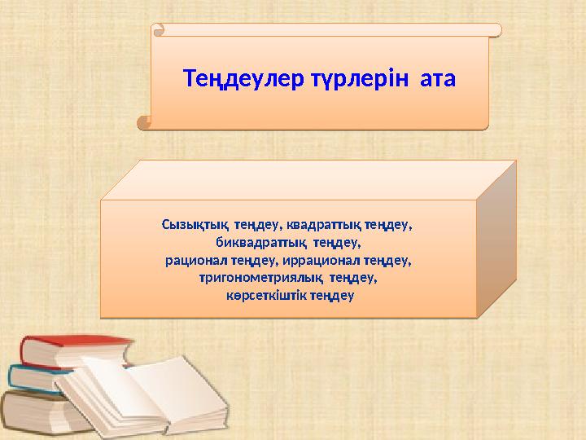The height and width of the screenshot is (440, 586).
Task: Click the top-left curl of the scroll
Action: tap(159, 30)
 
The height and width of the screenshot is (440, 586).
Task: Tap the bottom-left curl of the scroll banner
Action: tap(145, 122)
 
